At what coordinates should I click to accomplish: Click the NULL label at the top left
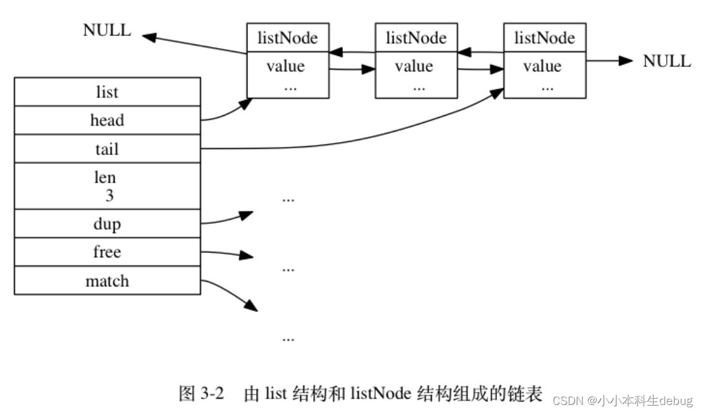click(107, 31)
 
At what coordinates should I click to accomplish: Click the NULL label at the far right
click(667, 61)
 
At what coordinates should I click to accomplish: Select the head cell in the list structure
click(107, 120)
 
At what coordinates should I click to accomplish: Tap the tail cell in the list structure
click(107, 149)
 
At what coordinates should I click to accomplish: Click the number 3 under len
click(109, 197)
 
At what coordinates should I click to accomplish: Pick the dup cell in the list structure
click(107, 224)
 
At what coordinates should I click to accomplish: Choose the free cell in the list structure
click(107, 252)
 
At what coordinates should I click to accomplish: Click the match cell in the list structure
click(107, 281)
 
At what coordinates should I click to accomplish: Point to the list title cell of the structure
click(107, 92)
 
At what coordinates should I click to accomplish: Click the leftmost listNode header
click(287, 38)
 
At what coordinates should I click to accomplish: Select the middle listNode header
click(415, 38)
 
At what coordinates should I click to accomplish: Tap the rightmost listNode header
click(544, 38)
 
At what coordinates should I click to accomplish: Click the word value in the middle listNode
click(414, 66)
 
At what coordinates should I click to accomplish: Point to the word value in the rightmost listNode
click(542, 66)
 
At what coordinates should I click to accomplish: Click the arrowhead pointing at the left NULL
click(149, 36)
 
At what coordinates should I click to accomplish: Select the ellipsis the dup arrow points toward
click(288, 200)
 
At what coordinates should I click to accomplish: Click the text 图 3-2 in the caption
click(200, 394)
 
